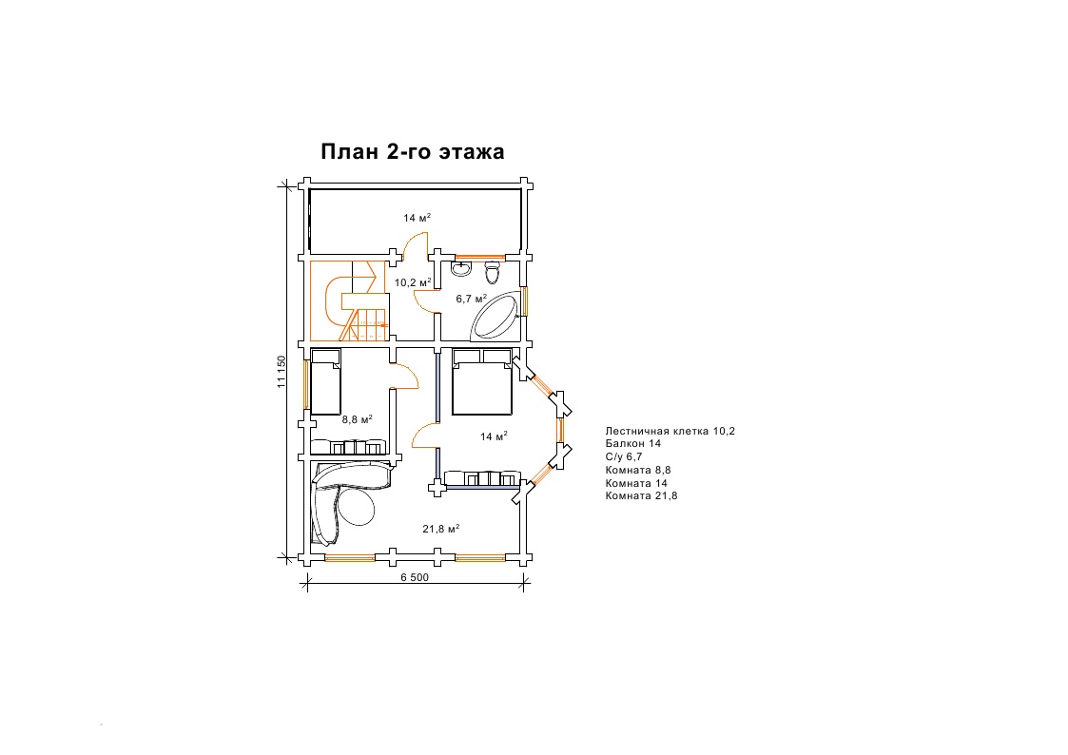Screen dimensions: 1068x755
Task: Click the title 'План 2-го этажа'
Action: coord(412,151)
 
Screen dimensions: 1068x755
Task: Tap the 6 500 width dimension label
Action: coord(415,577)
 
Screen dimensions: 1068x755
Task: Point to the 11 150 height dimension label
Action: coord(282,372)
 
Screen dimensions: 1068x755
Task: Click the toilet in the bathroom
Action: coord(493,274)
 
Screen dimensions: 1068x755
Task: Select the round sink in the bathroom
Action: coord(461,269)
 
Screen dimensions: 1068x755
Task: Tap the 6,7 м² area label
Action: coord(472,299)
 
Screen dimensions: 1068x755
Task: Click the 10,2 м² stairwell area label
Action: coord(413,281)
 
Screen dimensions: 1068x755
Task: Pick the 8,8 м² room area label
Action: coord(357,419)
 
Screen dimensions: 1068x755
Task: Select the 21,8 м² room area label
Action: coord(440,529)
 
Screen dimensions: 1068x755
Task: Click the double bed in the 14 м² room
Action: coord(482,382)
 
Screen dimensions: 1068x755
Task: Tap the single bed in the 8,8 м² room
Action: coord(325,382)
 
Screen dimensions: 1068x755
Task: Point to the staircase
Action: coord(349,300)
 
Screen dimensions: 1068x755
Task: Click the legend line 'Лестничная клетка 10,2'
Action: coord(670,431)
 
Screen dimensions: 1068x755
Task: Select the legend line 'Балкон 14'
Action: coord(632,443)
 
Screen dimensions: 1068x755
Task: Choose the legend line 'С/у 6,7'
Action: coord(623,456)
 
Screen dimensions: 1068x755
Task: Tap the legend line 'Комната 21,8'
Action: coord(641,495)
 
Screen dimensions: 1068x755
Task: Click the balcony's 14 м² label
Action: coord(417,218)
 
